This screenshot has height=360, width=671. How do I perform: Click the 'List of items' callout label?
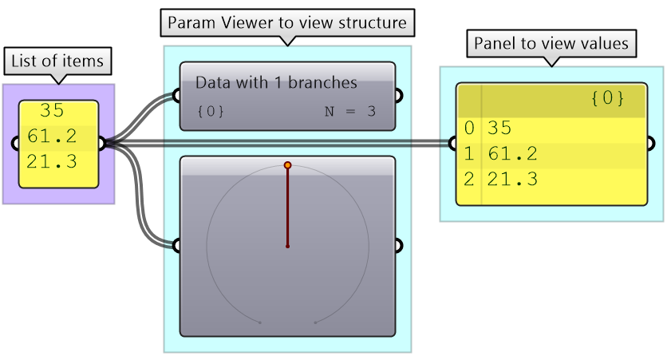coord(57,60)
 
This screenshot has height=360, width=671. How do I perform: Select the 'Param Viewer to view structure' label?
coord(287,22)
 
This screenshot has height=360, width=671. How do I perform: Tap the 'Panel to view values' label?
coord(551,43)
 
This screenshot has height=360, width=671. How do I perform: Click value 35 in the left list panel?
coord(52,111)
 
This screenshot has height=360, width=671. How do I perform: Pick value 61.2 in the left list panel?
coord(52,136)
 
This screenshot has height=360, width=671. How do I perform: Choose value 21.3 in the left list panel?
coord(52,162)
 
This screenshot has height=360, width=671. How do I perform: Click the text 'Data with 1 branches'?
coord(276,82)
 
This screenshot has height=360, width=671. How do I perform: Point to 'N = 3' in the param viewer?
coord(349,112)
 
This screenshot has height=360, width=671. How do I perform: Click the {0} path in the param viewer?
coord(210,112)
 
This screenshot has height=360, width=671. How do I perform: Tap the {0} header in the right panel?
coord(607,99)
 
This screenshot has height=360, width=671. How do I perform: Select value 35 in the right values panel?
coord(498,128)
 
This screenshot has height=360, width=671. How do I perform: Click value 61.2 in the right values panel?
coord(511,153)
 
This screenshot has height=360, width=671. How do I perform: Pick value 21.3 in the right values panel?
coord(511,179)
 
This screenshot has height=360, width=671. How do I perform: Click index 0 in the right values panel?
coord(468,128)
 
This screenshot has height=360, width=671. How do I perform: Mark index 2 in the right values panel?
coord(468,179)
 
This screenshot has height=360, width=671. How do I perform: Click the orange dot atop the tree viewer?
coord(287,165)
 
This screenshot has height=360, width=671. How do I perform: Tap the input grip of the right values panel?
coord(452,144)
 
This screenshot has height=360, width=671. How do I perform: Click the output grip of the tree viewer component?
coord(397,245)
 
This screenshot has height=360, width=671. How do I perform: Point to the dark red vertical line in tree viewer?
coord(287,208)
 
